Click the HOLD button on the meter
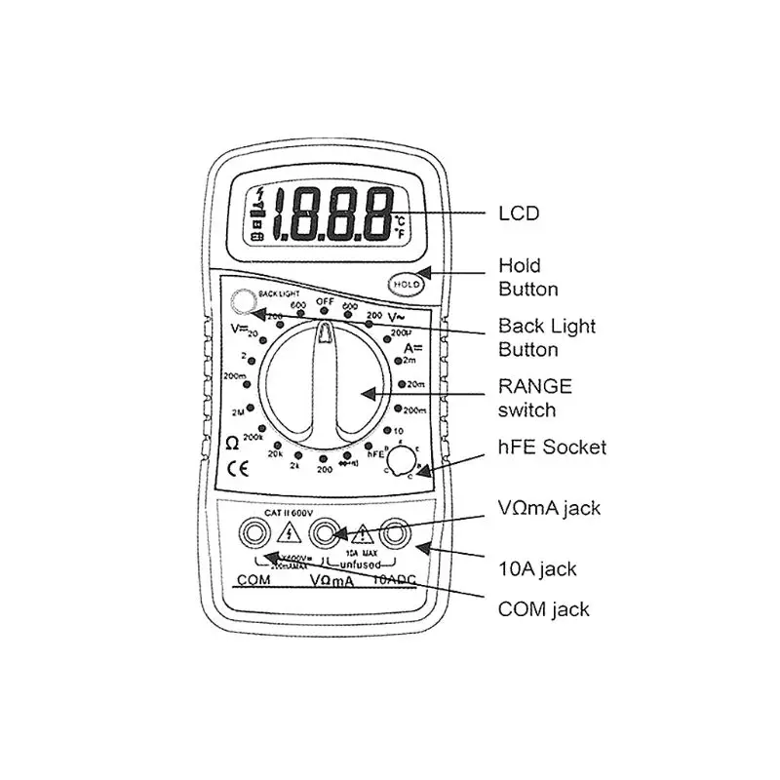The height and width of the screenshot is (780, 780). click(406, 284)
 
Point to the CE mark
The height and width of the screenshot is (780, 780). click(237, 467)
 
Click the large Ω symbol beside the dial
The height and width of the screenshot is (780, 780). click(232, 442)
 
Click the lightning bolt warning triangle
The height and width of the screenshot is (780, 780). click(290, 533)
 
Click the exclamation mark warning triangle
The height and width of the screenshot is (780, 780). click(362, 534)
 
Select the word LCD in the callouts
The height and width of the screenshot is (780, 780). click(519, 213)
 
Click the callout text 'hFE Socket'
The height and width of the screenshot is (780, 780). click(553, 448)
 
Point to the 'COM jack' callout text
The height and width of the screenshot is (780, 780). click(544, 609)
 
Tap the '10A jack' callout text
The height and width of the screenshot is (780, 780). click(537, 568)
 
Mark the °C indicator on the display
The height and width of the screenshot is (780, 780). click(400, 221)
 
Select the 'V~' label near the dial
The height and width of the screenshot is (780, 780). click(397, 318)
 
